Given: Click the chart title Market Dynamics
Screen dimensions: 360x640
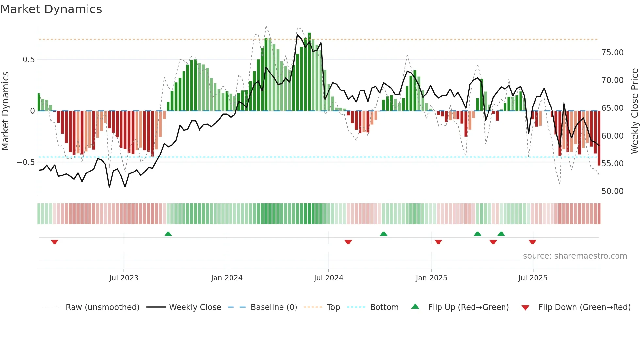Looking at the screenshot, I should coord(51,9).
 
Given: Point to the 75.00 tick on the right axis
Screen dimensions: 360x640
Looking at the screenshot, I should coord(612,53).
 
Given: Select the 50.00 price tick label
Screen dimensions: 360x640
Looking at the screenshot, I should coord(612,191).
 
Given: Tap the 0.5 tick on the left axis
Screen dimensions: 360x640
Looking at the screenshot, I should coord(28,60).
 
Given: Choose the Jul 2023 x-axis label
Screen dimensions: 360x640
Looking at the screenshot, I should coord(124,278).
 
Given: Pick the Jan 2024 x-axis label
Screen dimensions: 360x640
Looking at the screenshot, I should coord(227,278).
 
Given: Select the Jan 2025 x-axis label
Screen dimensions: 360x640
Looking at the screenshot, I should coord(431,278).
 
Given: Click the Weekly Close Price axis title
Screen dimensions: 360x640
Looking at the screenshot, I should coord(634,111).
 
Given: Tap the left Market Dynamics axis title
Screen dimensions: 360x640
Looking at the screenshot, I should coord(6,111).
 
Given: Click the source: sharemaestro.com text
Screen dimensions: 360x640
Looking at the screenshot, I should coord(575,256).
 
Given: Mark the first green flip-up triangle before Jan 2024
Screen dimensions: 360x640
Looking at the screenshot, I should coord(168,234).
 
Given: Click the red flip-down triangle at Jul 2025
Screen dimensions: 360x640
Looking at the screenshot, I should coord(533,242).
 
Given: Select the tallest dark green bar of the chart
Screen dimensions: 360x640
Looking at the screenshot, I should coord(309,72).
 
